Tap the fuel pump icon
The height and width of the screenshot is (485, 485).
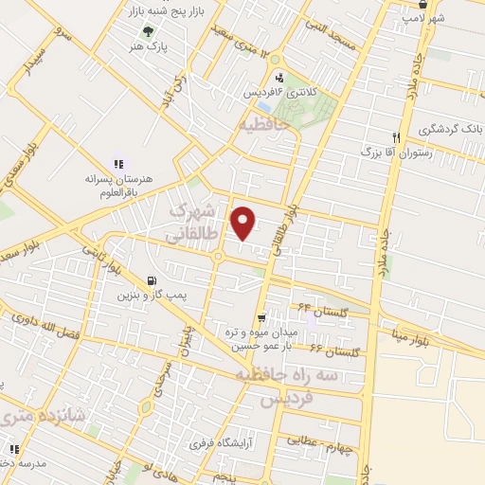[x=153, y=280]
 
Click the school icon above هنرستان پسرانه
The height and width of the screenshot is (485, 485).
[x=117, y=163]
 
